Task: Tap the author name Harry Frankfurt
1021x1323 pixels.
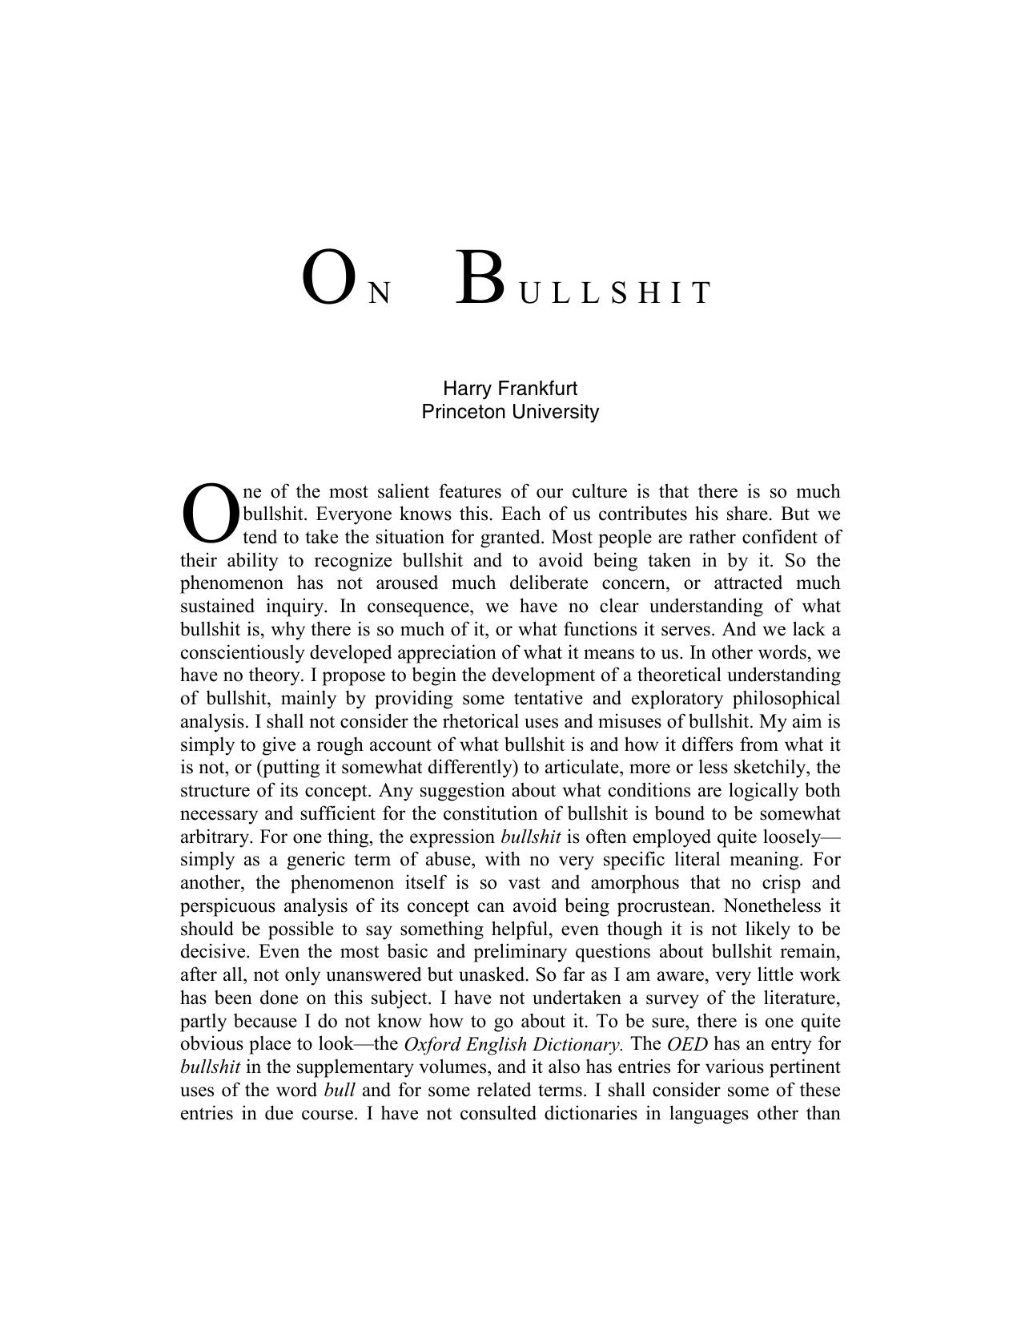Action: coord(510,389)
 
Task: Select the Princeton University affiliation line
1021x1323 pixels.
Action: coord(510,412)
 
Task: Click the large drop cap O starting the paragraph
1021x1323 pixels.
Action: coord(210,514)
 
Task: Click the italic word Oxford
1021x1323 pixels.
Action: coord(432,1045)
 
